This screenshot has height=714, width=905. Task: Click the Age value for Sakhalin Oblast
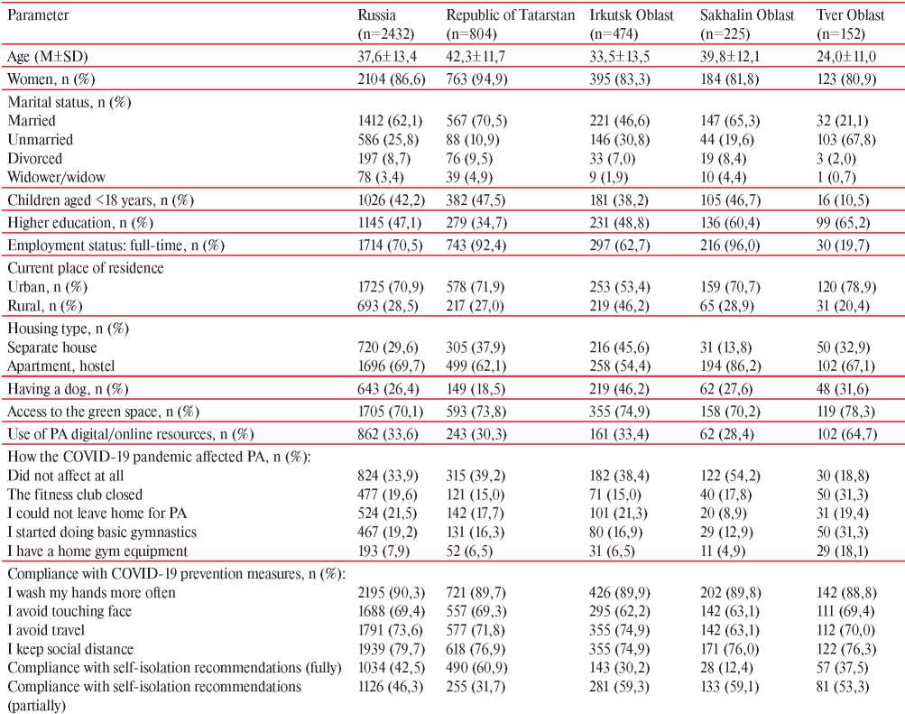pos(730,57)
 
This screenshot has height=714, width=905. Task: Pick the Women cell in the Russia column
pos(392,79)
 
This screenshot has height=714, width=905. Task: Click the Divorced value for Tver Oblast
pos(836,159)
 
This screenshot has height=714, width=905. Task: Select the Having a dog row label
pos(68,389)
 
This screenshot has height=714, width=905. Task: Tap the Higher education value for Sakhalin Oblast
pos(730,223)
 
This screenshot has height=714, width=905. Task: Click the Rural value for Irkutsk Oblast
pos(619,306)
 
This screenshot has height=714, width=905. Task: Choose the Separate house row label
pos(52,348)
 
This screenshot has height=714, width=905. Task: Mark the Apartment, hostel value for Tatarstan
pos(476,366)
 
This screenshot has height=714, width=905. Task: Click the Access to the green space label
pos(104,412)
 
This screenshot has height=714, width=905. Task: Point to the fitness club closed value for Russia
pos(387,495)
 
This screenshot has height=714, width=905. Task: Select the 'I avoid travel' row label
pos(46,630)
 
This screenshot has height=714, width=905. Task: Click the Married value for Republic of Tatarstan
pos(476,121)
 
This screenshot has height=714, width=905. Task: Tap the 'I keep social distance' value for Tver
pos(846,649)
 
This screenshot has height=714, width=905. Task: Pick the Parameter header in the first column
pos(38,15)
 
